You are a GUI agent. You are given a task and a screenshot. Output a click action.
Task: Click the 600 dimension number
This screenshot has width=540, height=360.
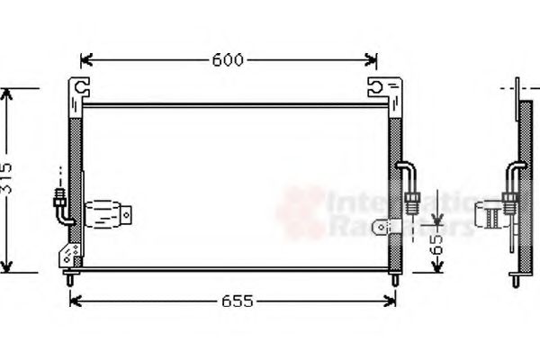click(x=228, y=60)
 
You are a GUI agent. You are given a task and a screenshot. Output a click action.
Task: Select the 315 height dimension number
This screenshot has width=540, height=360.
click(x=8, y=179)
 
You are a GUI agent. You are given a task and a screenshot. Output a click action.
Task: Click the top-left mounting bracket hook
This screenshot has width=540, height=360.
click(x=80, y=88)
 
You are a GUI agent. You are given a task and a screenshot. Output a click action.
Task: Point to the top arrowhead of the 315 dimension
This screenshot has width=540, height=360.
click(x=8, y=94)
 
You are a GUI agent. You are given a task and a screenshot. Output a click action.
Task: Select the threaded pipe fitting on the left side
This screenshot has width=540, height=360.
click(x=59, y=196)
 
